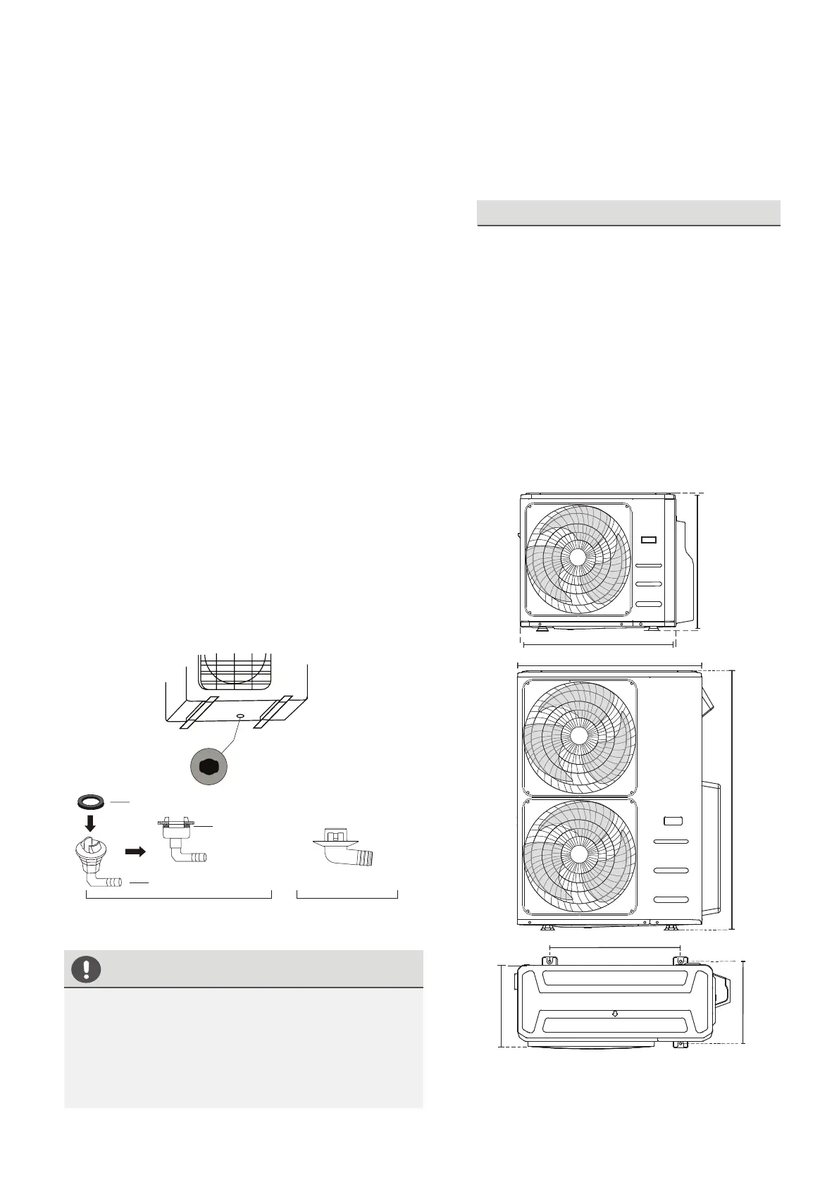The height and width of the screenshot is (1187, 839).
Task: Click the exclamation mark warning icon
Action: point(86,970)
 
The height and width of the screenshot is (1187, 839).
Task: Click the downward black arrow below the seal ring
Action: point(90,823)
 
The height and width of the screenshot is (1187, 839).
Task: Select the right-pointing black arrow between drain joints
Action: point(135,851)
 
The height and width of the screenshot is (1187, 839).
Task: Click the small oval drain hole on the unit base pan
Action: point(240,715)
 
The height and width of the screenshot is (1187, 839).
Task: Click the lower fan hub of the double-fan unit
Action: point(579,854)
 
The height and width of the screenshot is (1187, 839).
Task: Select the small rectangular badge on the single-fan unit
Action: point(649,541)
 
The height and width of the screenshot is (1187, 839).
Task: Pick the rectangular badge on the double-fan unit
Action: point(673,820)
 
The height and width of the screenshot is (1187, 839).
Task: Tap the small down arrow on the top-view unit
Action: point(615,1014)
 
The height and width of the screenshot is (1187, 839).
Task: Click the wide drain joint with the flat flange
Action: point(344,848)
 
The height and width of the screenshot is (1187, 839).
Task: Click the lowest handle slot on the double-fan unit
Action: point(671,900)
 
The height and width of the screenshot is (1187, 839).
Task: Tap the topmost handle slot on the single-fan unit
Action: point(649,565)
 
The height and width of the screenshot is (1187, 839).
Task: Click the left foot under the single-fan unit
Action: point(540,627)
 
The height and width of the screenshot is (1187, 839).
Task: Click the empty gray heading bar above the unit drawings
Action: point(628,212)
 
